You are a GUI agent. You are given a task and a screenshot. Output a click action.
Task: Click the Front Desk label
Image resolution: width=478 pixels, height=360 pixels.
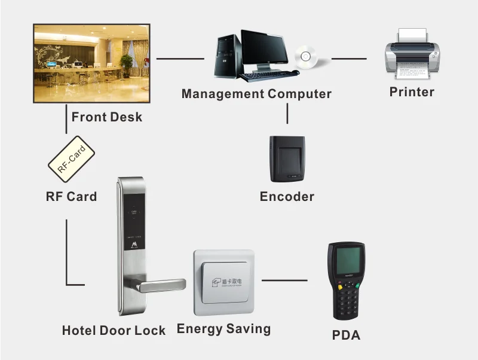click(107, 116)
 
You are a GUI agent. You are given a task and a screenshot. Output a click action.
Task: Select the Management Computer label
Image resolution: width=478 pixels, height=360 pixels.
click(256, 94)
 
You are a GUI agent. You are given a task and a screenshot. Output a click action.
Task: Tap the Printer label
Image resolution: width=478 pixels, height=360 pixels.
click(412, 92)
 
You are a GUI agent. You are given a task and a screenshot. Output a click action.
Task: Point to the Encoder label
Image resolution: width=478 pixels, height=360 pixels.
click(287, 197)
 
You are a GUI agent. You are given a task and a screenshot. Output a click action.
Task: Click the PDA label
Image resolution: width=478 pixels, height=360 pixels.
click(346, 335)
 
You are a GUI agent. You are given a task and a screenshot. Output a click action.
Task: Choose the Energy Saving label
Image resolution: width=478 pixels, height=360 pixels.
click(223, 329)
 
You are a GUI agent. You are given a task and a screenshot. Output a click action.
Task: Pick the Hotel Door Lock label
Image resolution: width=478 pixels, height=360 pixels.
click(114, 331)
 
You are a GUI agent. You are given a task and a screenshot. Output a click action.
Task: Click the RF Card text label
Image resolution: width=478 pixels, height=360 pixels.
click(71, 196)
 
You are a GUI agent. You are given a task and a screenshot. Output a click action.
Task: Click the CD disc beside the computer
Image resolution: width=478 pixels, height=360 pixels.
click(307, 57)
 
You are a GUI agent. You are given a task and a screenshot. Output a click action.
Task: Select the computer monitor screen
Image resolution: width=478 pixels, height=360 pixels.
click(263, 50)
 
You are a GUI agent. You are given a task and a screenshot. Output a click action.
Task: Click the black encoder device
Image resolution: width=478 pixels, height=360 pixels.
click(287, 158)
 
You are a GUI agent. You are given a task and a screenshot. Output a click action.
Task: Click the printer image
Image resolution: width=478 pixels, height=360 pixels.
click(412, 56)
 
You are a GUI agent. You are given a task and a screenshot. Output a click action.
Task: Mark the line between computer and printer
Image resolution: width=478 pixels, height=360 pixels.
click(349, 59)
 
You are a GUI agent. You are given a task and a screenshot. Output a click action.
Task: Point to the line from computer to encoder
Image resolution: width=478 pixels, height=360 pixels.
click(287, 114)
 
